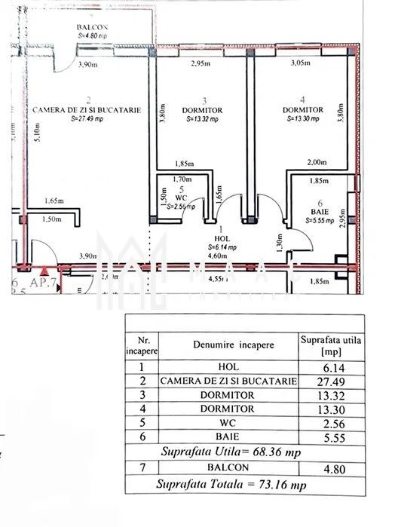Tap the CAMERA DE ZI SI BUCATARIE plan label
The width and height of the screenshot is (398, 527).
87,110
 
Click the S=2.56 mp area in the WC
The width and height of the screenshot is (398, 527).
180,206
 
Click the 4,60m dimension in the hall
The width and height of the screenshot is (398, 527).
219,256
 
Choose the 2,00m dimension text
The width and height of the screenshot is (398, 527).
317,162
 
